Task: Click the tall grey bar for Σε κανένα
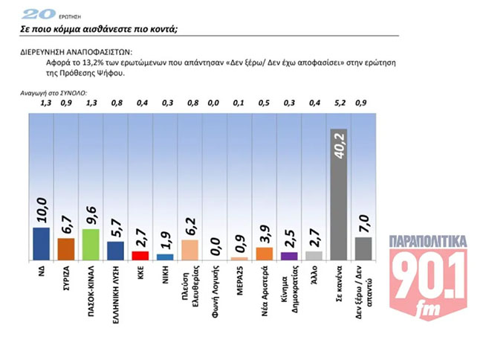339,193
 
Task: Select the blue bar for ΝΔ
42,243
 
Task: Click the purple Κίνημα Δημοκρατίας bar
289,255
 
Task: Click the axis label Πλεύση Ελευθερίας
189,286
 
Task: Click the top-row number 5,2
338,103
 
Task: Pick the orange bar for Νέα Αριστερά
265,253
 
